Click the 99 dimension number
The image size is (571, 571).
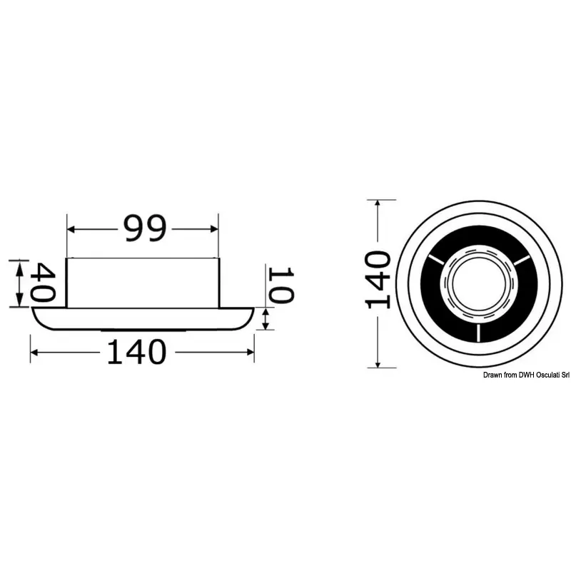(x=145, y=228)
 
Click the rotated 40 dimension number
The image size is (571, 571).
(x=43, y=283)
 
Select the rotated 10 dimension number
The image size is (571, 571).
(x=281, y=284)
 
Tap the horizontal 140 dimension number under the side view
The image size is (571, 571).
(x=136, y=352)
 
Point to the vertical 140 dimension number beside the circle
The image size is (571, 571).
(x=378, y=280)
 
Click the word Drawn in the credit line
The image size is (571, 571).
(x=492, y=375)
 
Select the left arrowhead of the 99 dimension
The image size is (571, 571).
(x=71, y=229)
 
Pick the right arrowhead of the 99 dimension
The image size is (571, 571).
(x=214, y=229)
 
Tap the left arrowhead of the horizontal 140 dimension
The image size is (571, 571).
(x=34, y=352)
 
